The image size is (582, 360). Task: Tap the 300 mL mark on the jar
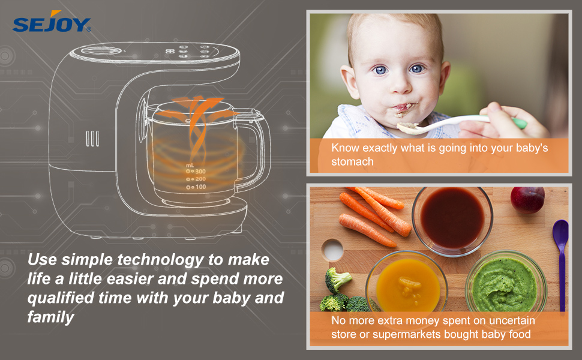pos(196,171)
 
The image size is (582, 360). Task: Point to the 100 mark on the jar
pos(196,188)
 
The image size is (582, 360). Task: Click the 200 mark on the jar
pos(196,179)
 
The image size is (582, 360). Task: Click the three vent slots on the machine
pos(92,139)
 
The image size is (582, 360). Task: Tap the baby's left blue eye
pos(416,69)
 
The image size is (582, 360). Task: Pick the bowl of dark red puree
pos(452,218)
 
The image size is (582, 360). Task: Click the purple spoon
pos(560,258)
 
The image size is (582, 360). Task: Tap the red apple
pos(527,199)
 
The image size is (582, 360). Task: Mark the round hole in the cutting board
pos(332,249)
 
